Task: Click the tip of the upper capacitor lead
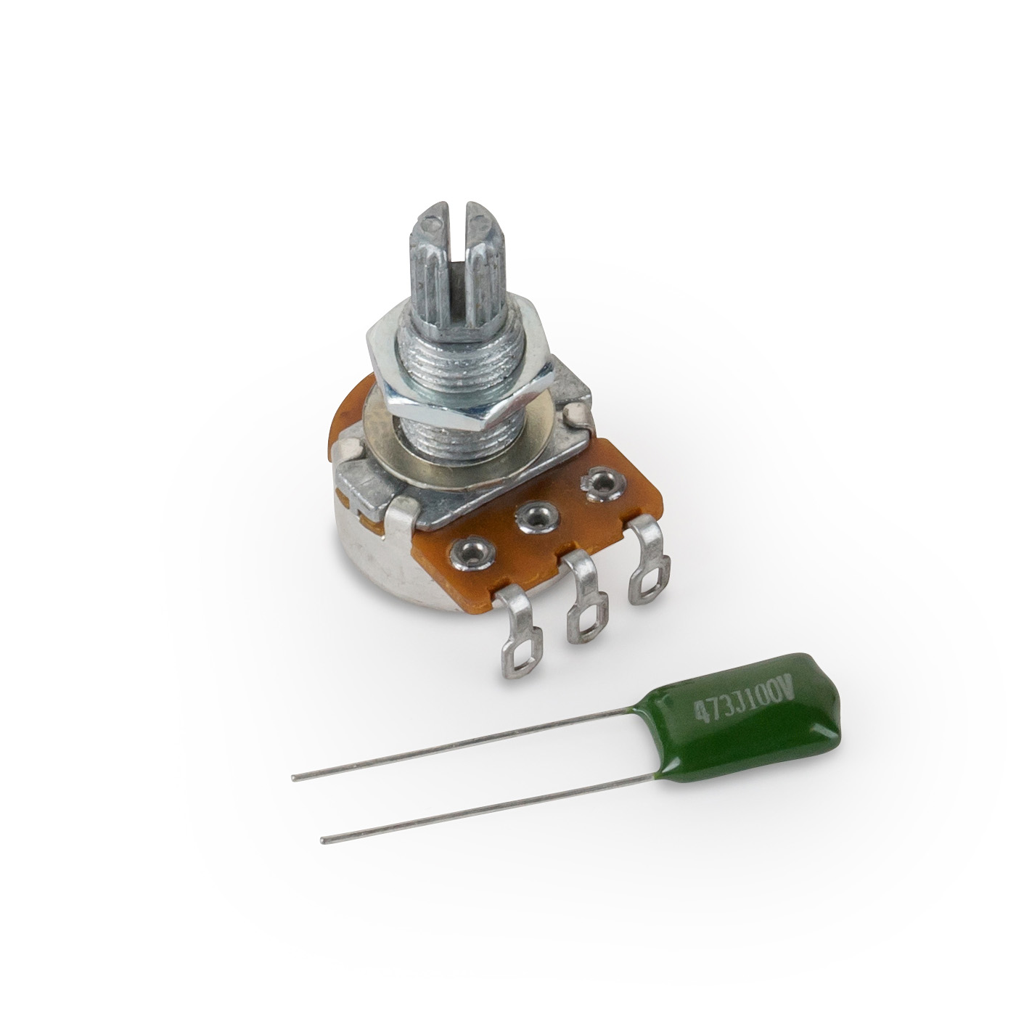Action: (295, 778)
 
